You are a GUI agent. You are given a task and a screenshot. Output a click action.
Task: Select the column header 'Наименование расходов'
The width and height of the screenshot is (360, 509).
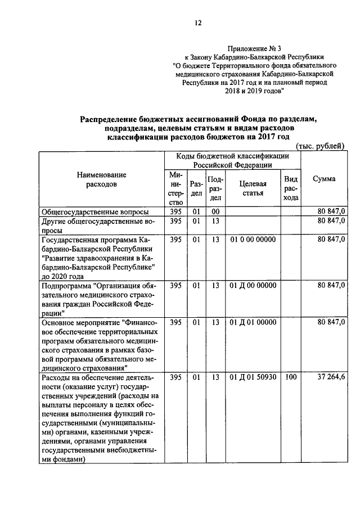[102, 179]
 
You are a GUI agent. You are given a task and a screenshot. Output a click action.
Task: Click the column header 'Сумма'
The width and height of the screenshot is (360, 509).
[324, 178]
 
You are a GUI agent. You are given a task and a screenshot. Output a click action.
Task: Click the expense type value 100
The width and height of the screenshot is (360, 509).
[291, 376]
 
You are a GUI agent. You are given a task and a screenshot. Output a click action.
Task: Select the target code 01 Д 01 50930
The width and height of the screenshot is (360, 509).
[253, 376]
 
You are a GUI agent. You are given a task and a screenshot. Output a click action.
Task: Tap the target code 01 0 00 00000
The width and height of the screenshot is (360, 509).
[253, 240]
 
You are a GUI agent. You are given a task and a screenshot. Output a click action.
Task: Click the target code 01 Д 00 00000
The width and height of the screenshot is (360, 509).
[253, 285]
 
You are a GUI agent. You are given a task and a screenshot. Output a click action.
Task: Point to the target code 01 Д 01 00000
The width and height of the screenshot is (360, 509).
[253, 322]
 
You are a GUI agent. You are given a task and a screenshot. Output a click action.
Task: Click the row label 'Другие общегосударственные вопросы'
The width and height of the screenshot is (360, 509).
[96, 226]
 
